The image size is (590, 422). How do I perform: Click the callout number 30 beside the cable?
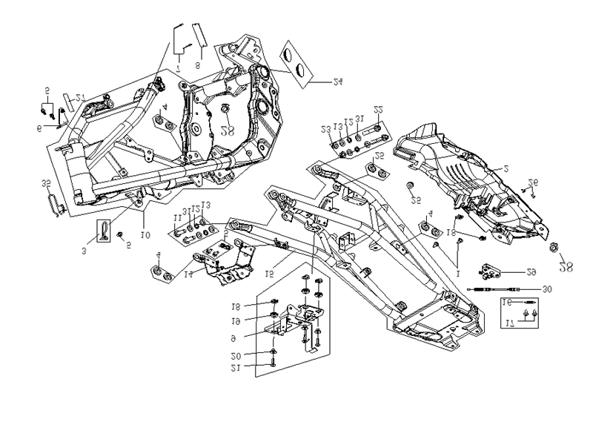pyautogui.click(x=547, y=289)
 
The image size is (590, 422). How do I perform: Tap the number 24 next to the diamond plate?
pyautogui.click(x=337, y=83)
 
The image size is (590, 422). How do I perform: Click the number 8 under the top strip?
pyautogui.click(x=199, y=65)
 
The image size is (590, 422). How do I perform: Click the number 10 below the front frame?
pyautogui.click(x=146, y=235)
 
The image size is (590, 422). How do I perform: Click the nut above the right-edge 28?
pyautogui.click(x=555, y=245)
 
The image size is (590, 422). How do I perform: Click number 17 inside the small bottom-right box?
pyautogui.click(x=508, y=323)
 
